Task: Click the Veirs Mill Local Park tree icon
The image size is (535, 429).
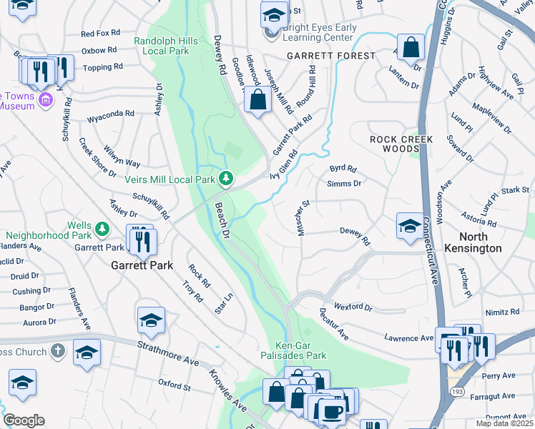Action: tap(226, 177)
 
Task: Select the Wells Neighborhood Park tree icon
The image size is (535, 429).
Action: tap(102, 228)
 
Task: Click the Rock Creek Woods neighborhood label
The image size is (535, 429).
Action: tap(393, 143)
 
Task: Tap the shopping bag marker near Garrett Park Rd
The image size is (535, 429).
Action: tap(258, 99)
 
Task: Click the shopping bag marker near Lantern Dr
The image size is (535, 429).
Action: tap(411, 47)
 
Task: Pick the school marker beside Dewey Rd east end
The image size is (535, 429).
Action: tap(410, 225)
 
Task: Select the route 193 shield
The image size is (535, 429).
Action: tap(455, 393)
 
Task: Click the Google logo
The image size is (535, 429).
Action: tap(24, 420)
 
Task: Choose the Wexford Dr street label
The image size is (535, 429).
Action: tap(353, 307)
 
